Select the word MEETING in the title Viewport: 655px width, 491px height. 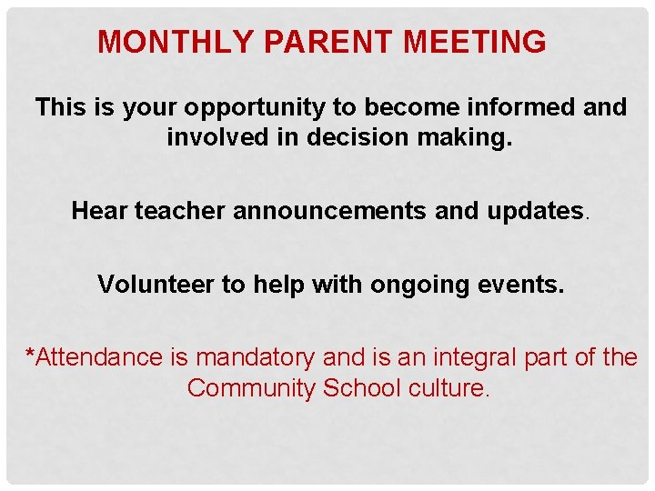coord(474,42)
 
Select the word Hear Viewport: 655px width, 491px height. coord(99,211)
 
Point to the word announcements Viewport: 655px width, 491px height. coord(331,211)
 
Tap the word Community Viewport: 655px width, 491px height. coord(250,388)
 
